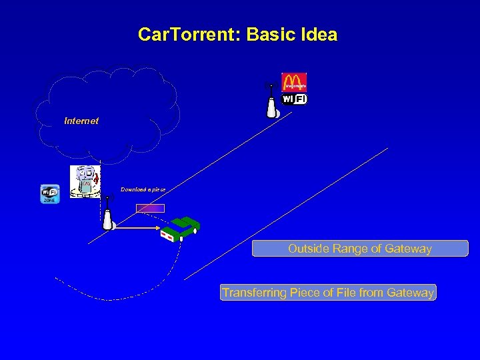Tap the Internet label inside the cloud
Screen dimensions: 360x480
pyautogui.click(x=81, y=121)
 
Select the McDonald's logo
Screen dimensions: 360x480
pyautogui.click(x=293, y=82)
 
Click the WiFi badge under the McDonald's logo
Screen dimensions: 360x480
pyautogui.click(x=294, y=99)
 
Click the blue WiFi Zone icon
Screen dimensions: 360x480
pyautogui.click(x=50, y=194)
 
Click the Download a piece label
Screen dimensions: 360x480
pyautogui.click(x=143, y=189)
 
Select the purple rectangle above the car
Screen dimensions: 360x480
pyautogui.click(x=150, y=208)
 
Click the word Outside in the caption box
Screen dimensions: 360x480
pyautogui.click(x=309, y=249)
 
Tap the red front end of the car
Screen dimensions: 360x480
pyautogui.click(x=167, y=235)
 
